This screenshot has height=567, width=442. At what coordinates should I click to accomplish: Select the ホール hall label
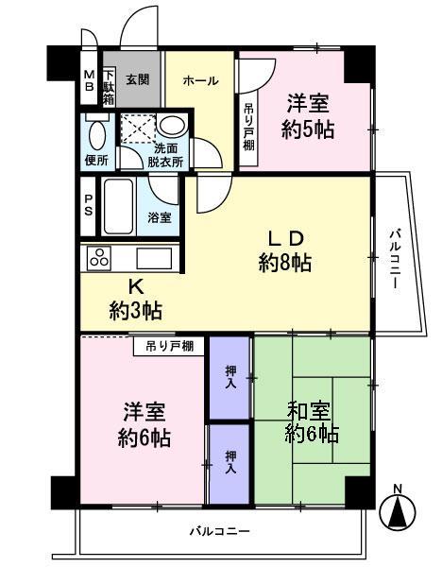pyautogui.click(x=202, y=81)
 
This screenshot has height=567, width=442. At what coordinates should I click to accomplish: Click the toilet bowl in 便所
pyautogui.click(x=96, y=133)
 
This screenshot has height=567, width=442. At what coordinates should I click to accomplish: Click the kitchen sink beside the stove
pyautogui.click(x=151, y=258)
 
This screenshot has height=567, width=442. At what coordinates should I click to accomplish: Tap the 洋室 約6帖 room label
pyautogui.click(x=144, y=424)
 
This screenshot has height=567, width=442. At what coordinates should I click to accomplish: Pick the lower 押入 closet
pyautogui.click(x=229, y=464)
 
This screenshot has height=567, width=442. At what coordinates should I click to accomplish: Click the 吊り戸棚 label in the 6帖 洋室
pyautogui.click(x=169, y=346)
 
